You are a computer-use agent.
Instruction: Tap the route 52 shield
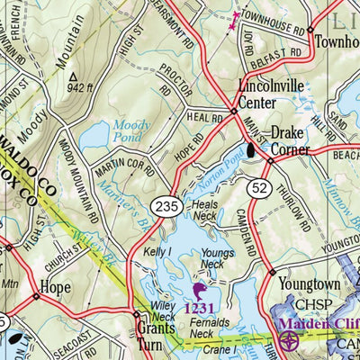click(x=260, y=186)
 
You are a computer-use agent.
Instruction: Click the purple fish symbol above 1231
click(x=199, y=291)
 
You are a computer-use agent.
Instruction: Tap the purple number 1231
click(x=200, y=309)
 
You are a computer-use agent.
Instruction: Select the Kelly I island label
click(x=158, y=254)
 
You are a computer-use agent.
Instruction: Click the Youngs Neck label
click(x=219, y=258)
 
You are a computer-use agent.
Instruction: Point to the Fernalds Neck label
click(x=209, y=326)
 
